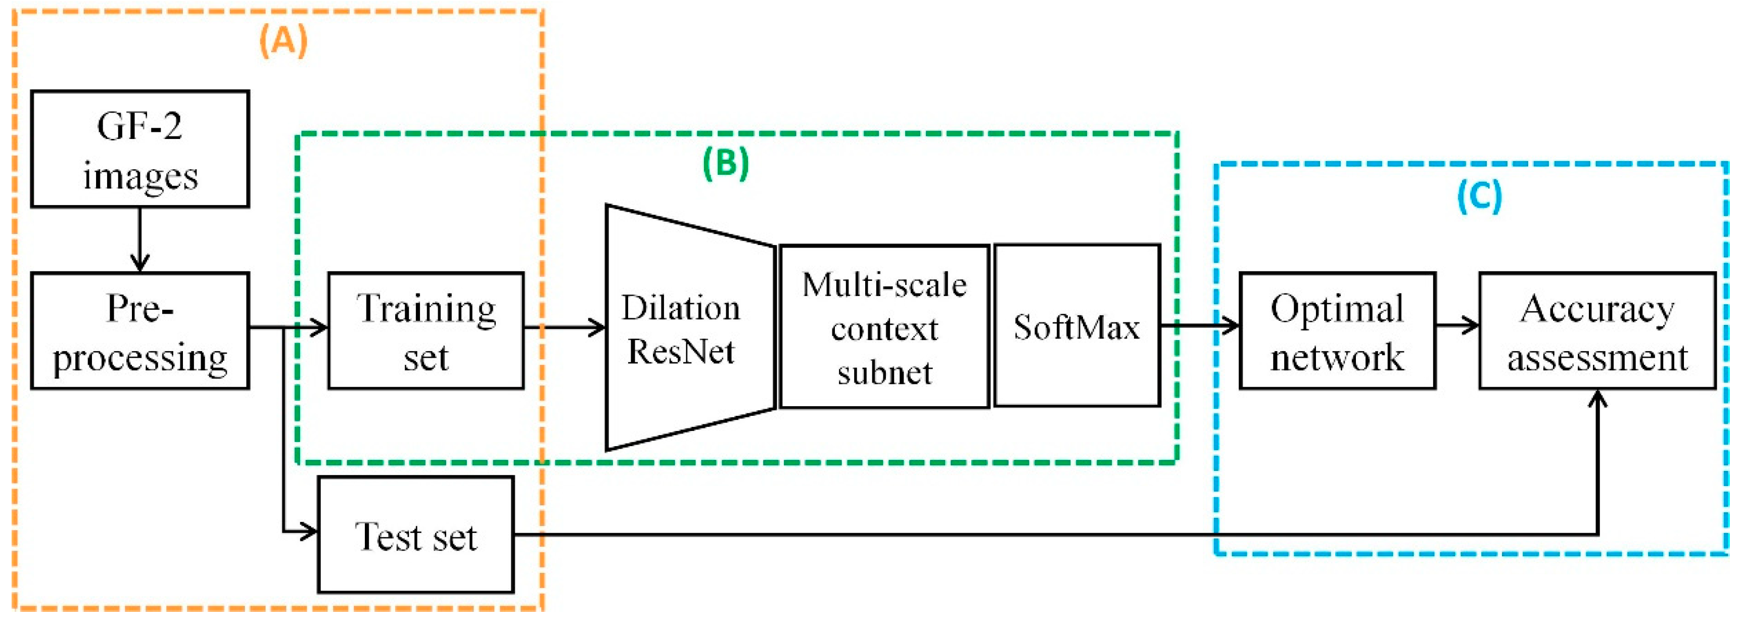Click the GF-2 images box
pos(140,149)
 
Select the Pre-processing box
pos(140,330)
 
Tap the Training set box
pos(426,330)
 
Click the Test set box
pos(415,535)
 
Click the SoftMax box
pos(1076,326)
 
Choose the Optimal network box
pos(1337,330)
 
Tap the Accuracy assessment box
pos(1597,330)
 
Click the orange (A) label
pos(283,40)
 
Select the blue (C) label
pos(1479,196)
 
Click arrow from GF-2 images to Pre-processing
pos(140,240)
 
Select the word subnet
pos(884,372)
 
